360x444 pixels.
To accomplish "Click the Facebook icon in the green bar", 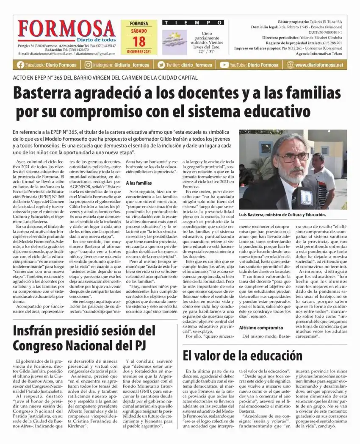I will [20, 65].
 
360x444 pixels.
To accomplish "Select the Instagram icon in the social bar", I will [88, 65].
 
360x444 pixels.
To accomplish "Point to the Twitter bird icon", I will [161, 65].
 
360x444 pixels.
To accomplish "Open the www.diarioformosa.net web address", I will [324, 65].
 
